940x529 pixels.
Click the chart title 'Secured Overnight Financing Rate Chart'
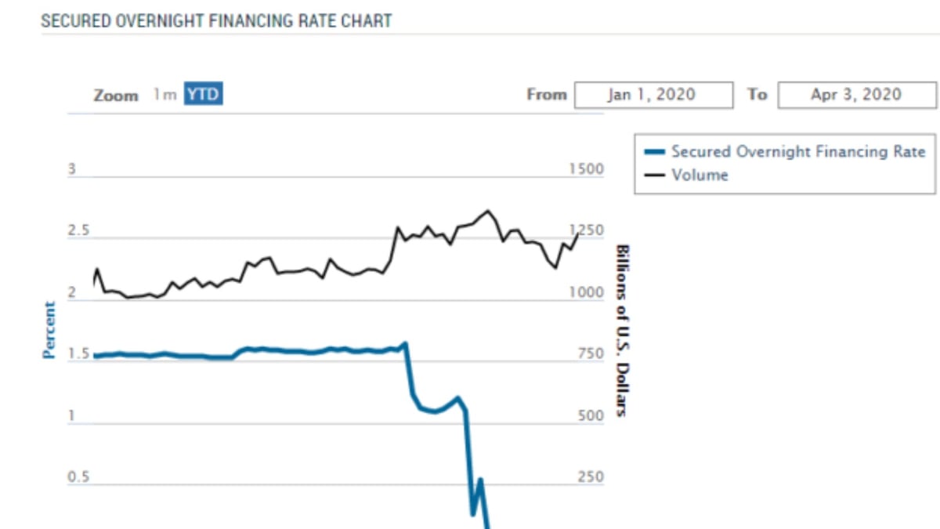pos(216,20)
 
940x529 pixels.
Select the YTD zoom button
pos(203,95)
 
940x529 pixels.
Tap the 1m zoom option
pos(164,95)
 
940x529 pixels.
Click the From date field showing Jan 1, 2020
pos(653,95)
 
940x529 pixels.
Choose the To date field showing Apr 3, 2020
pos(857,95)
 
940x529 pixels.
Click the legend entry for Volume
pos(700,175)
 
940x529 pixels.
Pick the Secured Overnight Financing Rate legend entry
pos(797,152)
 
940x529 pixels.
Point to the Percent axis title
pos(49,330)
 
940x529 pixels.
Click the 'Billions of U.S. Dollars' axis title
pos(622,330)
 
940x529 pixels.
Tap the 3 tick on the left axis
pos(71,169)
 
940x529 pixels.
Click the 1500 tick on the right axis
pos(586,169)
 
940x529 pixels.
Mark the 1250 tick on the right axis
pos(586,231)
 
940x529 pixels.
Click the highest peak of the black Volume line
pos(488,210)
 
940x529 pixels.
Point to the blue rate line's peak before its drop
pos(405,343)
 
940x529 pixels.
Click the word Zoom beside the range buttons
pos(116,96)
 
